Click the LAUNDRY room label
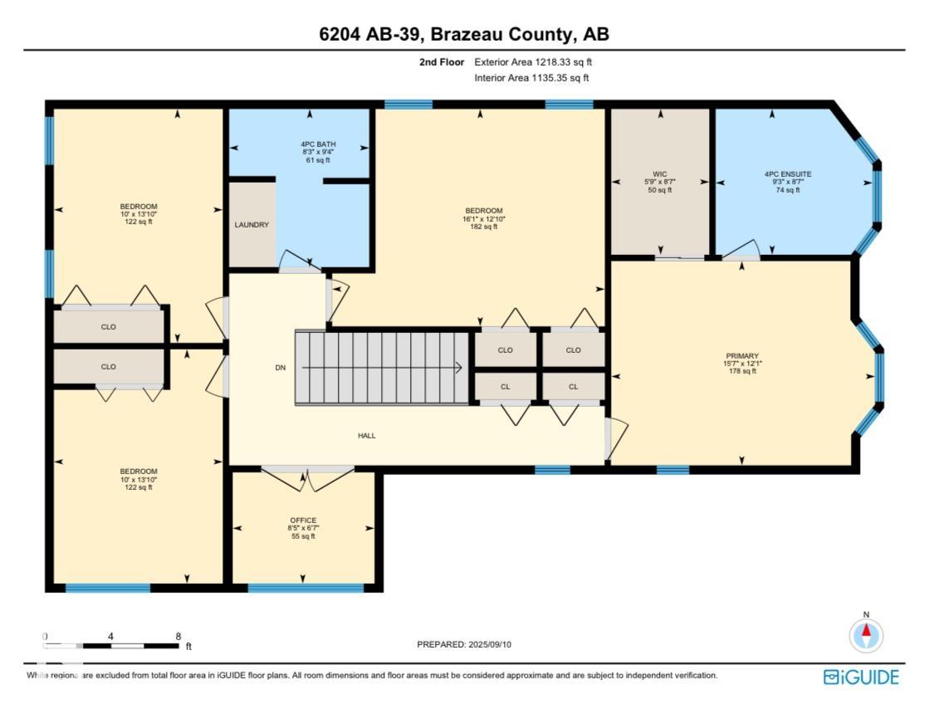pyautogui.click(x=251, y=224)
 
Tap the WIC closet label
pyautogui.click(x=660, y=174)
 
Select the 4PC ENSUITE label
pyautogui.click(x=788, y=174)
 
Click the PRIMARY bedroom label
pyautogui.click(x=741, y=355)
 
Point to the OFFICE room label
pyautogui.click(x=303, y=521)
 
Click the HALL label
pyautogui.click(x=366, y=435)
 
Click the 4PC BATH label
pyautogui.click(x=318, y=144)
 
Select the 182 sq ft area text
pyautogui.click(x=484, y=227)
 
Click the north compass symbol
pyautogui.click(x=866, y=636)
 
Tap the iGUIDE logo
pyautogui.click(x=861, y=677)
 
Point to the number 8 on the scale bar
pyautogui.click(x=178, y=636)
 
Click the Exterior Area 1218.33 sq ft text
pyautogui.click(x=533, y=62)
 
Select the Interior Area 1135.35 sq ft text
pyautogui.click(x=531, y=78)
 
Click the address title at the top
pyautogui.click(x=464, y=35)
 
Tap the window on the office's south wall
pyautogui.click(x=306, y=588)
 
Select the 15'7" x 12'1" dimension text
pyautogui.click(x=741, y=364)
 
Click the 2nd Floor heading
pyautogui.click(x=441, y=62)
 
